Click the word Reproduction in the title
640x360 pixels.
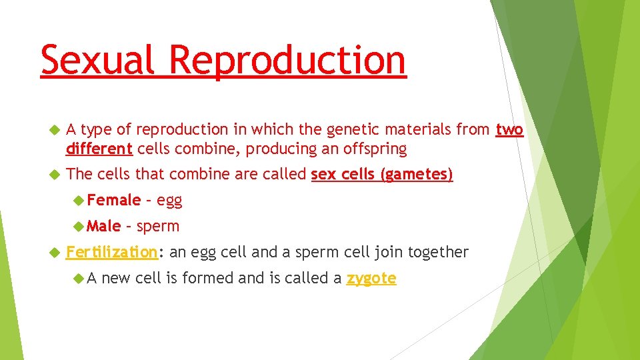point(287,60)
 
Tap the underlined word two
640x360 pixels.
point(509,130)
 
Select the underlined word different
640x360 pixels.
point(99,149)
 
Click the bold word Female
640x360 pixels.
point(114,200)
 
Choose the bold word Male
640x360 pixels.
point(104,226)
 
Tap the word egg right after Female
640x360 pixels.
point(169,201)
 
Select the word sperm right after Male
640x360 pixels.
point(157,227)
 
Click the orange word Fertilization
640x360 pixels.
point(111,252)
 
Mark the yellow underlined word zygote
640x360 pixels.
point(371,279)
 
